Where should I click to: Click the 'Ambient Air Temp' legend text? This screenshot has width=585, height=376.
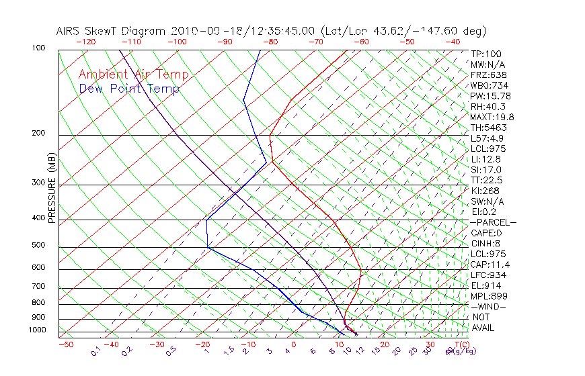tap(133, 75)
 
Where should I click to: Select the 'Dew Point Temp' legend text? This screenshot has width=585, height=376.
tap(129, 89)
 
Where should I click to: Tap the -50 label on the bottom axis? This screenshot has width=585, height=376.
tap(65, 344)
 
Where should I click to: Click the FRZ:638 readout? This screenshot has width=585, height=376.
tap(486, 75)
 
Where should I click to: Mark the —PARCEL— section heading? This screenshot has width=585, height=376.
tap(493, 222)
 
